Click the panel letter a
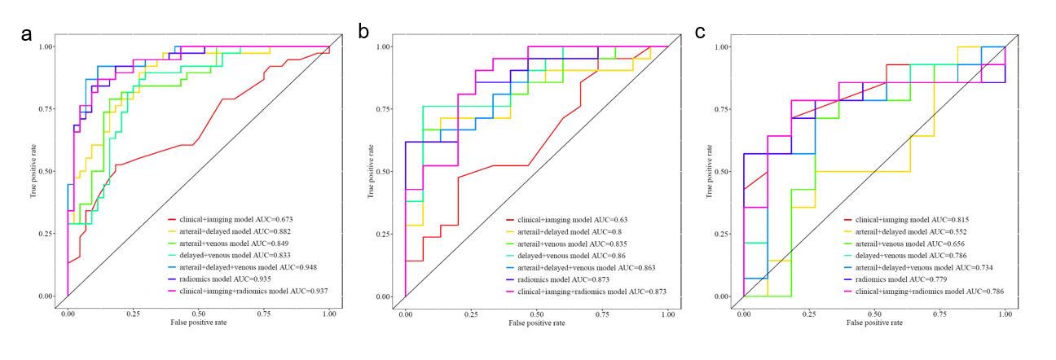tap(26, 34)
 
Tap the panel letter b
tap(363, 32)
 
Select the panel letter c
tap(700, 32)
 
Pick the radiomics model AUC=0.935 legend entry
tap(219, 279)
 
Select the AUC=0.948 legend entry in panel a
tap(242, 267)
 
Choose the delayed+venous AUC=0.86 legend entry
tap(565, 256)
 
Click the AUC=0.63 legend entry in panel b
tap(566, 220)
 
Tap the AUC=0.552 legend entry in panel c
tap(905, 232)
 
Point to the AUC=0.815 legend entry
tap(906, 220)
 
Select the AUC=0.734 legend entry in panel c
tap(918, 268)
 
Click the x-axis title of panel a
tap(199, 323)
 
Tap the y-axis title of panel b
tap(371, 172)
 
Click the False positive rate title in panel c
tap(874, 323)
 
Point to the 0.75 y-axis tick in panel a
tap(46, 109)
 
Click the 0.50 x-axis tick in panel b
tap(537, 314)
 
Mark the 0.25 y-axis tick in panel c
tap(722, 235)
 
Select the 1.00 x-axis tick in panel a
tap(329, 314)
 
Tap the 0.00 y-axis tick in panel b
tap(383, 296)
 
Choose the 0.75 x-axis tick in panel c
tap(939, 314)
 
